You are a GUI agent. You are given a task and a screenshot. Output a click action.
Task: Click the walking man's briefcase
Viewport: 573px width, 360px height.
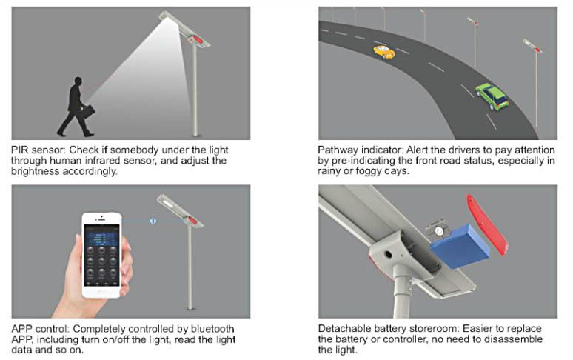point(88,111)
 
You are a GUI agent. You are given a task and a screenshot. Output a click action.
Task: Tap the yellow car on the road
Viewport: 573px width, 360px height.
point(383,52)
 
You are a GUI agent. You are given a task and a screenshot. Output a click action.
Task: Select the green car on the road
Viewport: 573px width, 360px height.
point(492,96)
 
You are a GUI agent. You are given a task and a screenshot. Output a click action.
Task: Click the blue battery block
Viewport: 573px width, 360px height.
point(460,246)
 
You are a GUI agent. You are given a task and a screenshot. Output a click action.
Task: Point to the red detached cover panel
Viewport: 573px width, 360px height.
point(487,224)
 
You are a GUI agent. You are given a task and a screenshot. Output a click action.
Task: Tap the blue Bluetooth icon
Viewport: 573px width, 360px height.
point(153,221)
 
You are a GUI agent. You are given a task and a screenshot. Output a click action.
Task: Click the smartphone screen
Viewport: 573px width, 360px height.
point(101,255)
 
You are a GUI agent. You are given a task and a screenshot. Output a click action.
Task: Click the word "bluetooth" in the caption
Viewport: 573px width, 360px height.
point(212,329)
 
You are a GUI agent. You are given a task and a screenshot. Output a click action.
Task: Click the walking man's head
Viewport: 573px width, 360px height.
point(78,81)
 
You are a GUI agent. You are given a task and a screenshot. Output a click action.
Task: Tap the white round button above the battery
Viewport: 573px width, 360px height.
point(438,231)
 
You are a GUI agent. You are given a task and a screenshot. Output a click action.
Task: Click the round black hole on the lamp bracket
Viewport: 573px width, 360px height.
point(387,254)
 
